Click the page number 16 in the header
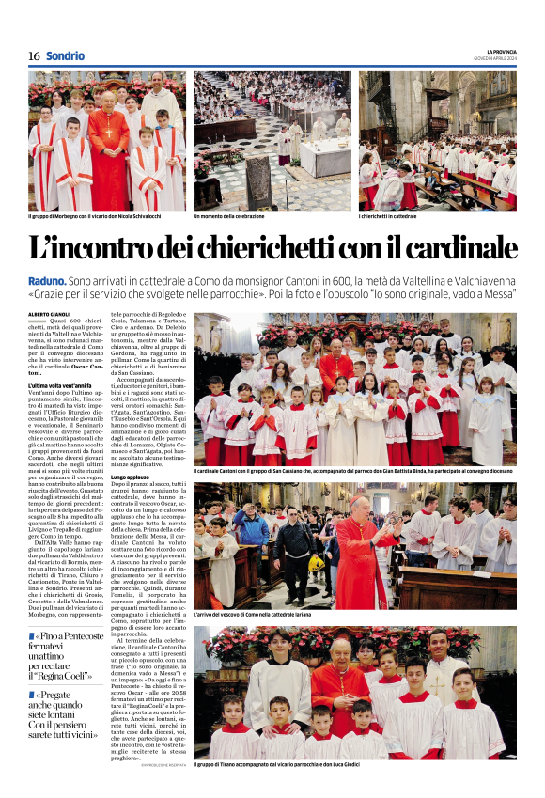click(x=34, y=56)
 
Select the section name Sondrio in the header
click(x=65, y=56)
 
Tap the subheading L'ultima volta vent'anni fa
click(x=59, y=386)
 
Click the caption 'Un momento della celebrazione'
click(x=229, y=216)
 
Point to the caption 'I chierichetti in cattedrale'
click(x=388, y=216)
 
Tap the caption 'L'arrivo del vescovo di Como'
click(x=251, y=613)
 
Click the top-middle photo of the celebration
click(x=272, y=140)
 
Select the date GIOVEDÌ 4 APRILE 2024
click(x=494, y=58)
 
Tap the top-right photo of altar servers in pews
click(x=437, y=140)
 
